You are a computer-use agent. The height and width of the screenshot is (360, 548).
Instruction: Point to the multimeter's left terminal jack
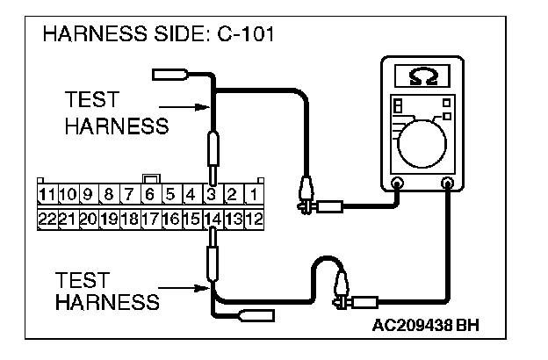pos(398,184)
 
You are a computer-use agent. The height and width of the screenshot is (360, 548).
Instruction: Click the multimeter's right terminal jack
pos(449,184)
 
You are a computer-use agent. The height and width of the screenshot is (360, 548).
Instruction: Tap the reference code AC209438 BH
pos(427,325)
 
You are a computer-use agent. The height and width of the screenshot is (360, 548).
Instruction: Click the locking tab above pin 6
pos(150,178)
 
